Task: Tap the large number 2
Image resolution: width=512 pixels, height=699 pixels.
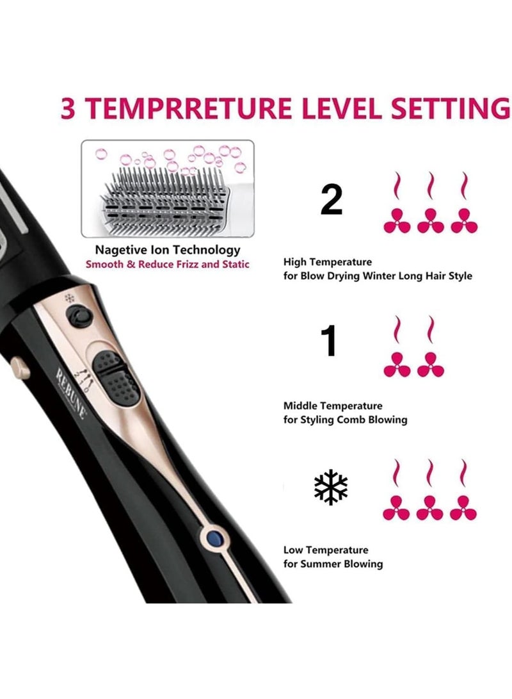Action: pyautogui.click(x=331, y=200)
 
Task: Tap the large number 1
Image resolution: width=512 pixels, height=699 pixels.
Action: pyautogui.click(x=329, y=341)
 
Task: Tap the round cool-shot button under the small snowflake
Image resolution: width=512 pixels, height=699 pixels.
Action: pyautogui.click(x=79, y=315)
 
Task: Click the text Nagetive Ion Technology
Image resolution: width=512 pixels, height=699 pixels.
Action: pyautogui.click(x=168, y=250)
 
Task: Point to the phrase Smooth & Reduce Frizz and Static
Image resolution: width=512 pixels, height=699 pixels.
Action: pyautogui.click(x=168, y=264)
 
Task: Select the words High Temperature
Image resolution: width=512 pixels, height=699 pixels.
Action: pyautogui.click(x=327, y=262)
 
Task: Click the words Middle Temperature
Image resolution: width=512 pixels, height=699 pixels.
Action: pyautogui.click(x=333, y=406)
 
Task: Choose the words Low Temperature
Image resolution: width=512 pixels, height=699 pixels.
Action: pyautogui.click(x=326, y=550)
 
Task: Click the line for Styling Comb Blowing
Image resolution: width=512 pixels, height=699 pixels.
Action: pyautogui.click(x=345, y=420)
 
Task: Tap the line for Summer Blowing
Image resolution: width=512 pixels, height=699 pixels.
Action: pyautogui.click(x=333, y=564)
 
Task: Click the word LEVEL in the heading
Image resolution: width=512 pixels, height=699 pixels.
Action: pyautogui.click(x=331, y=109)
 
